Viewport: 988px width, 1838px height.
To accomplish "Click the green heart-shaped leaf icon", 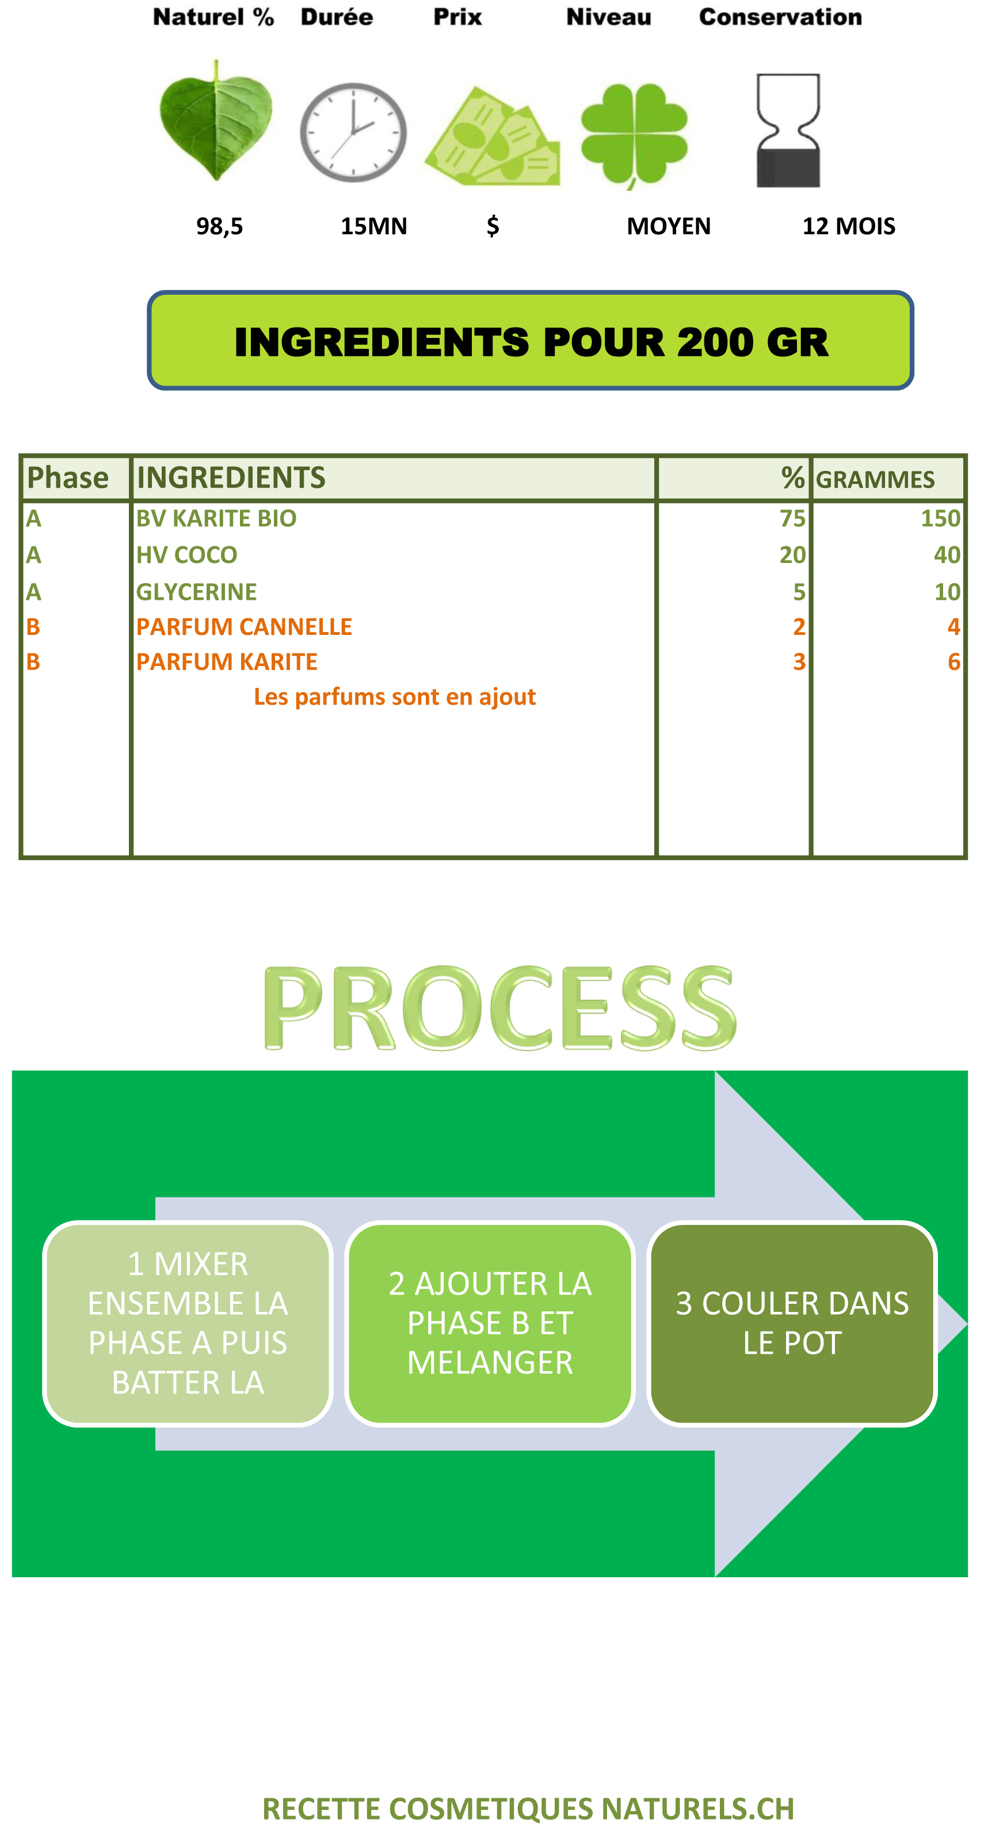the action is pyautogui.click(x=215, y=121).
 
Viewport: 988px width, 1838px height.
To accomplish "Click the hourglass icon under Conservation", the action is pyautogui.click(x=788, y=131).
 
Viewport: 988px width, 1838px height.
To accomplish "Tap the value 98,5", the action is pyautogui.click(x=220, y=226).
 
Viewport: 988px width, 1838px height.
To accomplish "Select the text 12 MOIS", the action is pyautogui.click(x=849, y=226).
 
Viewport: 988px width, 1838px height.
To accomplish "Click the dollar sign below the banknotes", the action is pyautogui.click(x=492, y=226).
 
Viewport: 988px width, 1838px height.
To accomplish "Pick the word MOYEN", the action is pyautogui.click(x=669, y=226).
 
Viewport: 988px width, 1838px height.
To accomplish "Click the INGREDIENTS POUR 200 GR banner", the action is pyautogui.click(x=530, y=340).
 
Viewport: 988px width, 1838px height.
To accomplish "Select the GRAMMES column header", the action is pyautogui.click(x=875, y=480).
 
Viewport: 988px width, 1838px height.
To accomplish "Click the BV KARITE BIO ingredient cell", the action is pyautogui.click(x=216, y=518).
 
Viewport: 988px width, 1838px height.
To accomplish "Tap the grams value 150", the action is pyautogui.click(x=940, y=518).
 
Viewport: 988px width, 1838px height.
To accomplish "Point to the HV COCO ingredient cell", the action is pyautogui.click(x=187, y=555).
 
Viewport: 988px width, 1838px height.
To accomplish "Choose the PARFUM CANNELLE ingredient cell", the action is pyautogui.click(x=244, y=626).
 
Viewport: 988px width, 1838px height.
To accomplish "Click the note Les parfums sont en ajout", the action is pyautogui.click(x=395, y=697).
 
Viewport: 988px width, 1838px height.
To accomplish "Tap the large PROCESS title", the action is pyautogui.click(x=499, y=1007).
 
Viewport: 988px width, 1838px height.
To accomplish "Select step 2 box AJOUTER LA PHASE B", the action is pyautogui.click(x=490, y=1323).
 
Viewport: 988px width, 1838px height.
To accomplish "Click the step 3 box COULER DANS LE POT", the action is pyautogui.click(x=792, y=1323).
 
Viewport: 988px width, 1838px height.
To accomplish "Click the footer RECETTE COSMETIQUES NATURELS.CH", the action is pyautogui.click(x=528, y=1809).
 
